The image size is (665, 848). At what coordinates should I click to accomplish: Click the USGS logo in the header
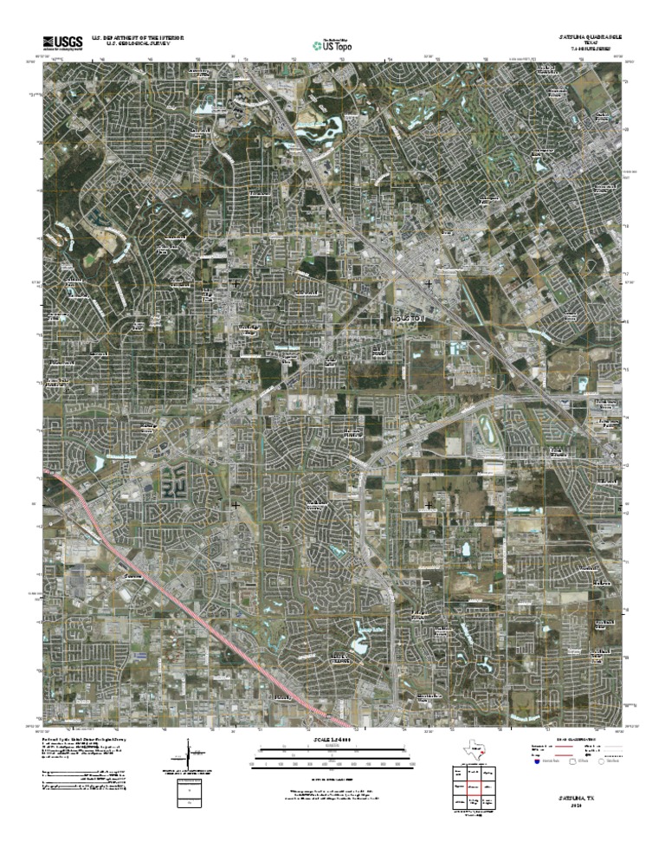pyautogui.click(x=61, y=42)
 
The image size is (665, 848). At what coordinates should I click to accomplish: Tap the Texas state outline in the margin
pyautogui.click(x=475, y=750)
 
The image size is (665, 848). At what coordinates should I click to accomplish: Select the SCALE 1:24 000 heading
pyautogui.click(x=332, y=739)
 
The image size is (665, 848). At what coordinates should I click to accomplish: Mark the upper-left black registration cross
pyautogui.click(x=236, y=283)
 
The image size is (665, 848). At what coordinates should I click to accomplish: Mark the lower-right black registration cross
pyautogui.click(x=429, y=504)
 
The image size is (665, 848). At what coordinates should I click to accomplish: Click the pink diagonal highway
pyautogui.click(x=199, y=606)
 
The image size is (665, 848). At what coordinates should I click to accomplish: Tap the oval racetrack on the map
pyautogui.click(x=486, y=427)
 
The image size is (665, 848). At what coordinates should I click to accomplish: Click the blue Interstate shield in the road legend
pyautogui.click(x=538, y=764)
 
